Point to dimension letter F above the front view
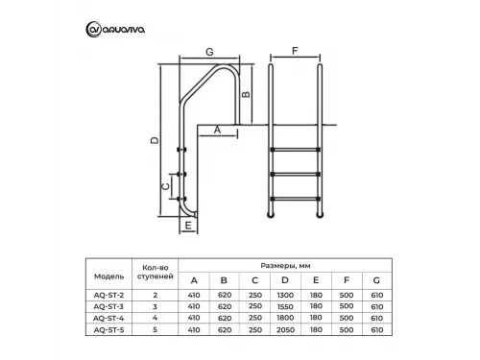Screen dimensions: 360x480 coord(295,52)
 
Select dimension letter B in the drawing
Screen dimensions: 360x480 coord(246,94)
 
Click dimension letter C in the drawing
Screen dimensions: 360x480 coord(165,185)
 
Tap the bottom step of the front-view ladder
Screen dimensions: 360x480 coord(295,198)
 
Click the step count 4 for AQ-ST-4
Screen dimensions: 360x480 coord(156,318)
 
